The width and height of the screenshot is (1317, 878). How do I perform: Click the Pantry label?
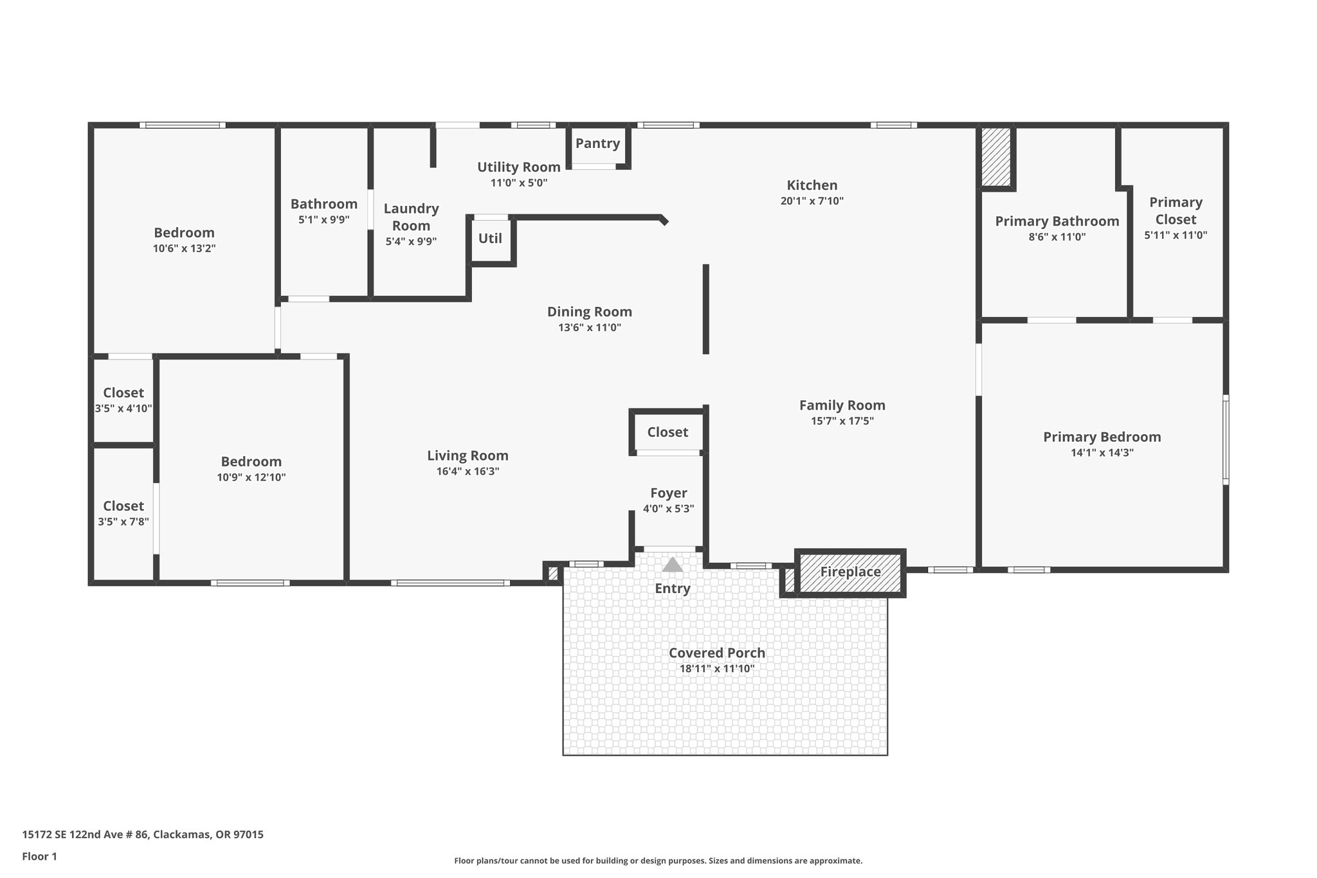[x=597, y=143]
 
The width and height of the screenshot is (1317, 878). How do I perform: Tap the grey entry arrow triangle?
[x=672, y=565]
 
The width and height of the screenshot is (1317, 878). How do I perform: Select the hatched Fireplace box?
[x=850, y=572]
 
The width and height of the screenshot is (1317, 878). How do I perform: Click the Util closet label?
[x=490, y=239]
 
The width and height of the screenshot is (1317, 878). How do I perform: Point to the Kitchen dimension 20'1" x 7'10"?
[x=812, y=201]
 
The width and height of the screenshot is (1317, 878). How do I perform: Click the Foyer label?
[x=668, y=493]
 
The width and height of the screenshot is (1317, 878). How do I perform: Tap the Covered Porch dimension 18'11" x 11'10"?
[x=716, y=668]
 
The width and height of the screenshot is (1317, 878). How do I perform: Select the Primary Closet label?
[x=1176, y=210]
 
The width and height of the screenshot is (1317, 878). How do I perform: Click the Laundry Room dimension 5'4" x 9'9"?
[x=411, y=242]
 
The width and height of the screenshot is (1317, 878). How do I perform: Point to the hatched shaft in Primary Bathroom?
[x=995, y=157]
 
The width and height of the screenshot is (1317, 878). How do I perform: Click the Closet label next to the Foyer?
[x=668, y=432]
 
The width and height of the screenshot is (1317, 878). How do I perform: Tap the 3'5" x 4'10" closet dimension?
[x=123, y=408]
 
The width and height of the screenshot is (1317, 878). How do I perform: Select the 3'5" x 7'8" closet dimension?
[x=123, y=522]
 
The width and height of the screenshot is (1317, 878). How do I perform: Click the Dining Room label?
[x=589, y=312]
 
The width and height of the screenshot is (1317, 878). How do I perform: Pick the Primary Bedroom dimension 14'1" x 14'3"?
[x=1102, y=452]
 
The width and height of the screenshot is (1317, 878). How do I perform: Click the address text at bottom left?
[x=143, y=835]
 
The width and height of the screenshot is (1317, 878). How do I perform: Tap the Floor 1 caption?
[x=39, y=856]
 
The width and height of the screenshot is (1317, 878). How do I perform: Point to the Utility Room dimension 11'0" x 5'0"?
[x=518, y=183]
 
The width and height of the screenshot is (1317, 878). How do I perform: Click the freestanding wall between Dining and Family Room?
[x=705, y=309]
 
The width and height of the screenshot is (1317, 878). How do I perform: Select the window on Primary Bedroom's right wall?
[x=1226, y=439]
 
